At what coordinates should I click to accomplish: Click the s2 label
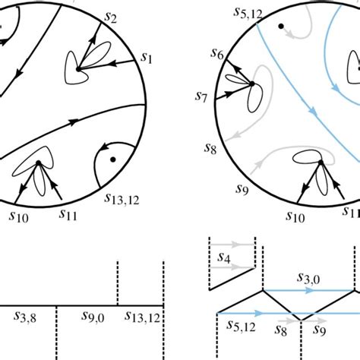[x=111, y=17]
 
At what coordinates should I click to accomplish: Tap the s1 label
[x=147, y=58]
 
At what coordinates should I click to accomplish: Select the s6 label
[x=217, y=53]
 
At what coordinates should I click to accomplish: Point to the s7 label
[x=201, y=96]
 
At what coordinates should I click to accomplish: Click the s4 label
[x=224, y=258]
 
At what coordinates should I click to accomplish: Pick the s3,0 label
[x=308, y=278]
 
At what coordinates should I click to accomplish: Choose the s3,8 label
[x=25, y=317]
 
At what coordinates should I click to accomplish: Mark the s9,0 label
[x=93, y=317]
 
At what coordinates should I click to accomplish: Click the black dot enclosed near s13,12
[x=113, y=159]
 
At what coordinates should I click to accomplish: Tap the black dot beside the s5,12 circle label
[x=281, y=26]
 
